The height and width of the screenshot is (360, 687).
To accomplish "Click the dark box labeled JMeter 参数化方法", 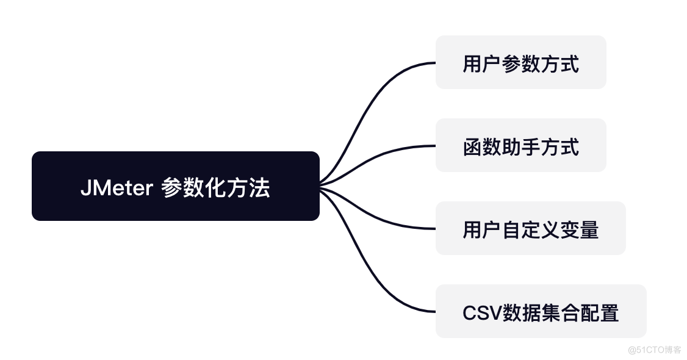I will [x=175, y=185].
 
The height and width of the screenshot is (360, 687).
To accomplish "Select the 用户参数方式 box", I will [x=520, y=62].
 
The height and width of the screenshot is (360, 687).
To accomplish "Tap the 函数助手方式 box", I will [x=520, y=145].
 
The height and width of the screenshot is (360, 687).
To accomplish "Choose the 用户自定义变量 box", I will [x=530, y=228].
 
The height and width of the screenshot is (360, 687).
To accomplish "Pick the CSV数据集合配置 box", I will [x=541, y=311].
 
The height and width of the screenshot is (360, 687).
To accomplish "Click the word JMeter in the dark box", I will [x=116, y=188].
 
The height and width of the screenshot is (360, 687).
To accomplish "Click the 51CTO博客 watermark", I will [x=655, y=350].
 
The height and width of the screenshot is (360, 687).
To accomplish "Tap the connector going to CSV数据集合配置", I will [x=372, y=268].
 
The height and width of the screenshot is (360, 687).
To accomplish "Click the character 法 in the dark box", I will [x=260, y=187].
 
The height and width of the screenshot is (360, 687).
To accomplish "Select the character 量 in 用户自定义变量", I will [x=589, y=229].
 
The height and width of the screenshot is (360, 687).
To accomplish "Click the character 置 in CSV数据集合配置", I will [x=609, y=312].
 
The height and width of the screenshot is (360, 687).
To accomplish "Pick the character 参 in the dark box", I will [x=172, y=187].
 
